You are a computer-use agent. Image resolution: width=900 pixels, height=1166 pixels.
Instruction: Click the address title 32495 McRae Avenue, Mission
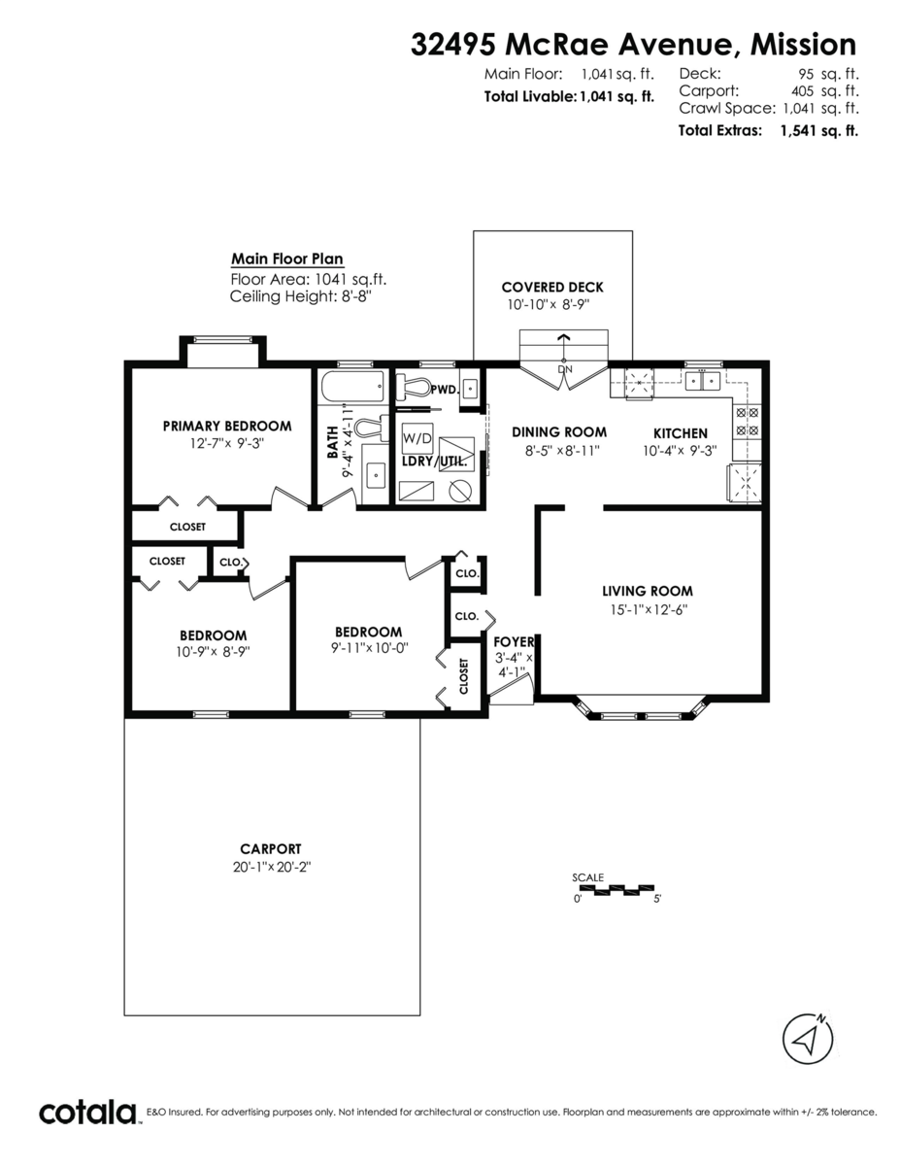click(634, 45)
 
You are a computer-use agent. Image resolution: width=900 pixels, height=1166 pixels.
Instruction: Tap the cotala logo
click(88, 1112)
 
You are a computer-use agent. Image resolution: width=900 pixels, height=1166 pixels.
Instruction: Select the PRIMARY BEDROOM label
click(226, 426)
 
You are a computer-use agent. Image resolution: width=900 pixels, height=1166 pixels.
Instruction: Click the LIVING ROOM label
click(647, 591)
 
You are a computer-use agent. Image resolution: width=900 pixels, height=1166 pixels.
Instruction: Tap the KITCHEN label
click(680, 433)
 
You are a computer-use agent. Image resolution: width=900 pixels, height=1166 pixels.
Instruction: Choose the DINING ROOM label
click(558, 432)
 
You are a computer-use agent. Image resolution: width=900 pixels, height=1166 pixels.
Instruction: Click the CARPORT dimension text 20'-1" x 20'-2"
click(271, 867)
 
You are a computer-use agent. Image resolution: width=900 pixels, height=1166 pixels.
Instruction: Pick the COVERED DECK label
click(551, 287)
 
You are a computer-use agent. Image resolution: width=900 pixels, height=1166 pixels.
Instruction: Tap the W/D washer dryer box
click(417, 438)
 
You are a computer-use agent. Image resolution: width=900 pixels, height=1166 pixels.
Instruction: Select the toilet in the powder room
click(415, 386)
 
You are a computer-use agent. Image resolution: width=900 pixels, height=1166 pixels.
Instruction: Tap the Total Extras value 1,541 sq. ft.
click(818, 130)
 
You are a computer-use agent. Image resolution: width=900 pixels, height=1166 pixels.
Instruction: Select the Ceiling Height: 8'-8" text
click(301, 296)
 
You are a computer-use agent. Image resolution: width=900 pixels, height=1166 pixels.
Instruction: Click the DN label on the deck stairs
click(563, 370)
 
